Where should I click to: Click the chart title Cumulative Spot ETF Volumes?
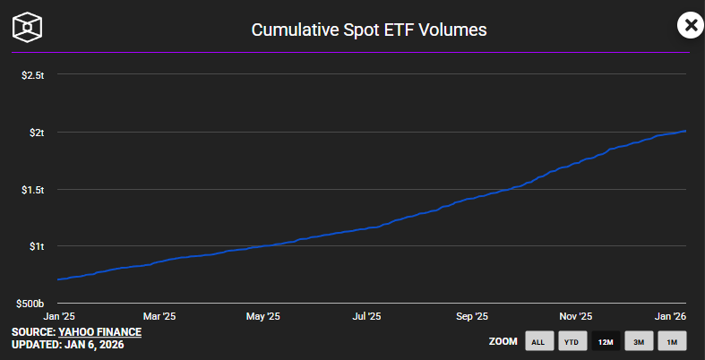[368, 30]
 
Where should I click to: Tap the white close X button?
[690, 25]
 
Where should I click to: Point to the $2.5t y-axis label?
[32, 75]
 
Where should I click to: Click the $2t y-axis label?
[36, 133]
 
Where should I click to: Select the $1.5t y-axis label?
[32, 190]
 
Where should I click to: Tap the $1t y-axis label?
[36, 246]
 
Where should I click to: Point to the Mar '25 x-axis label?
[159, 316]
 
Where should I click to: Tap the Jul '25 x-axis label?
[366, 316]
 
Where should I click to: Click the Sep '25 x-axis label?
[471, 316]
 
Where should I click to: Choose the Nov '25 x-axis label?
[575, 316]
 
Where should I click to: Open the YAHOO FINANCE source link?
[100, 332]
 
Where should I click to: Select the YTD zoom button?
[571, 341]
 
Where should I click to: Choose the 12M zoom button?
[606, 341]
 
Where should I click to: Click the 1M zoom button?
[672, 341]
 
